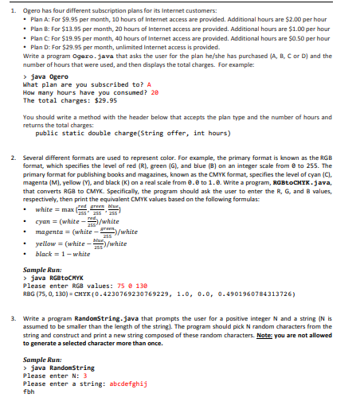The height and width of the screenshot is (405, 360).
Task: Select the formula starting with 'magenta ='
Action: tap(76, 232)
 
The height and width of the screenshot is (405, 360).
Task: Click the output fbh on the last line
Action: tap(29, 391)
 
